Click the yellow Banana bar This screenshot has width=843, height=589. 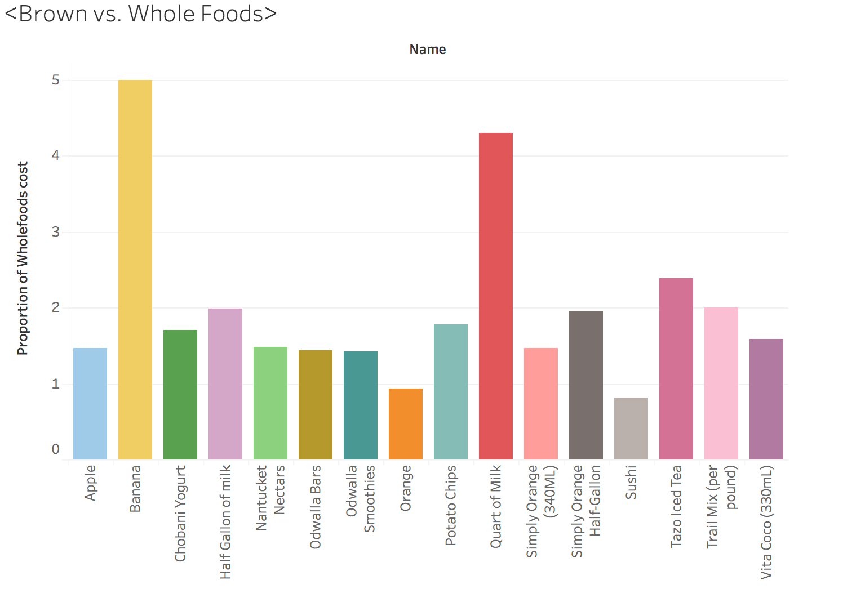click(x=135, y=270)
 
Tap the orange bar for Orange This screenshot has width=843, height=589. click(x=406, y=424)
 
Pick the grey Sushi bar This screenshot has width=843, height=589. click(x=631, y=429)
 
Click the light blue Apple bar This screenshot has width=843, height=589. click(x=90, y=404)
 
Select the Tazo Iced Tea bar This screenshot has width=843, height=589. click(x=676, y=369)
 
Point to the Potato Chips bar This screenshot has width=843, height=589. click(x=451, y=392)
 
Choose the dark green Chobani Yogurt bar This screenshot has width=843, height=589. click(x=180, y=395)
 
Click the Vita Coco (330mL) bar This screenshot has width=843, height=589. click(x=766, y=399)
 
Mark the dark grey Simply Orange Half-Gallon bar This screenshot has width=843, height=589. click(x=586, y=385)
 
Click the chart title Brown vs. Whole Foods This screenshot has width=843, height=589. click(x=141, y=14)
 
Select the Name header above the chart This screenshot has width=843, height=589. click(x=428, y=50)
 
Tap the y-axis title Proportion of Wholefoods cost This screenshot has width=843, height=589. click(x=23, y=258)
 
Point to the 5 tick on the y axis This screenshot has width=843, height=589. click(x=55, y=81)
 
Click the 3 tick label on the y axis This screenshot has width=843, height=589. click(x=55, y=232)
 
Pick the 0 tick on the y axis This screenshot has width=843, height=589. click(x=55, y=449)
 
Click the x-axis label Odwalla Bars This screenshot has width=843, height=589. click(x=316, y=507)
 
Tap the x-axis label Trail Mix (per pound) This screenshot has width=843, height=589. click(x=721, y=506)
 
